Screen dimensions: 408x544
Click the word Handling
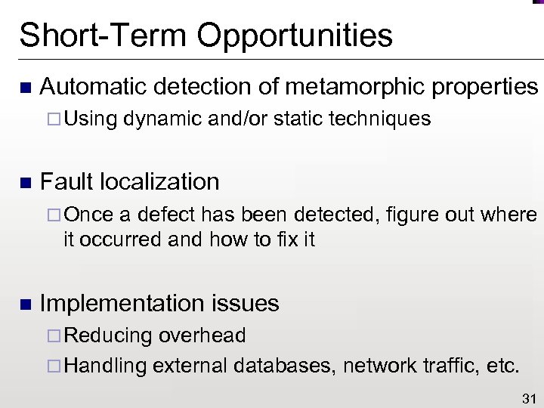(105, 368)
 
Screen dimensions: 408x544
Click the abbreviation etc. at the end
(502, 367)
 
